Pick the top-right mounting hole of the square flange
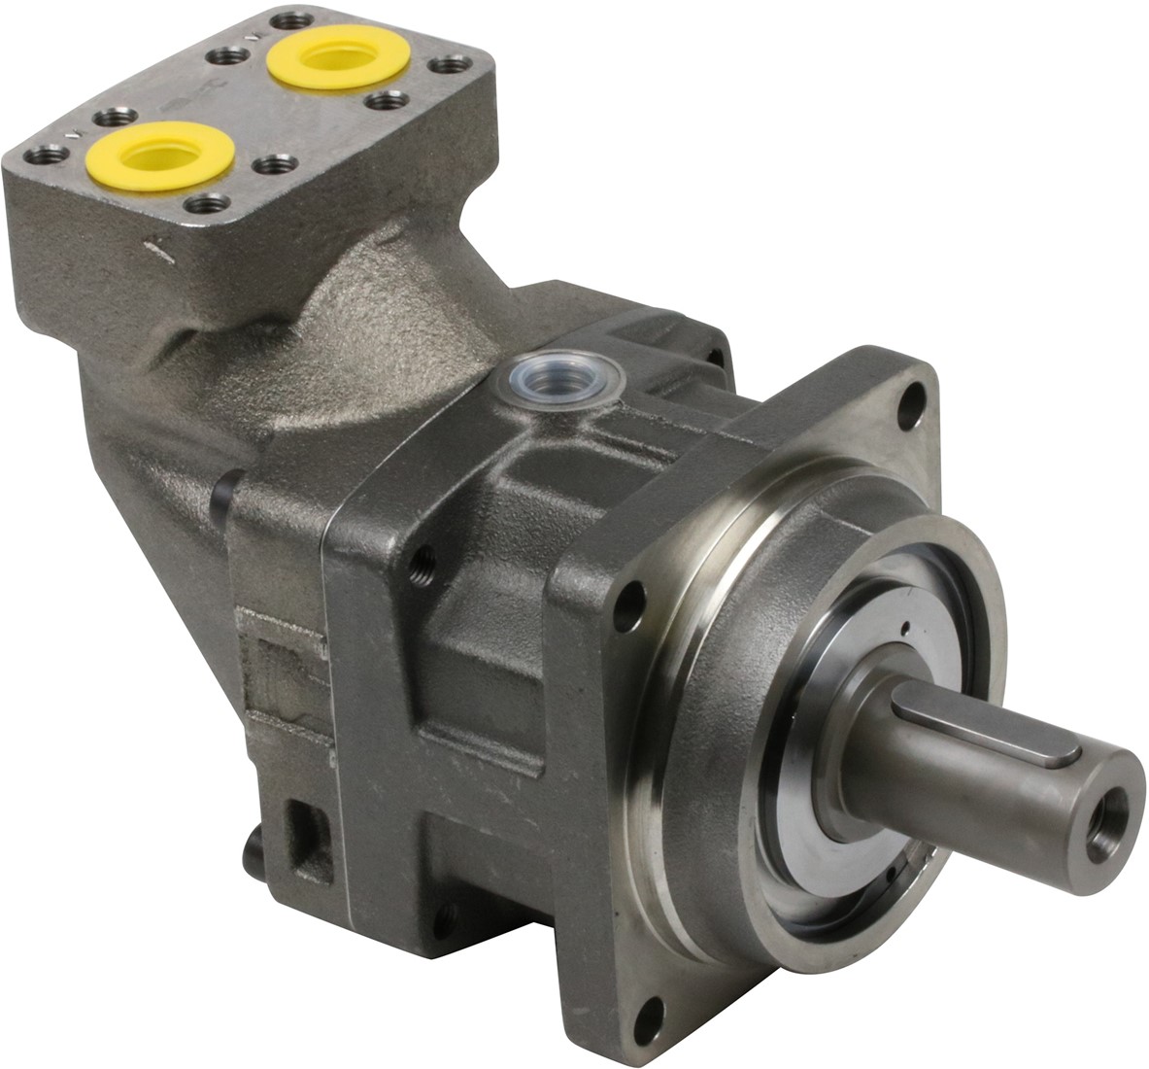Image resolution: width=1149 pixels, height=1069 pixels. coord(909,404)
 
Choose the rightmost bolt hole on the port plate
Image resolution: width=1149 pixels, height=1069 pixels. coord(448,66)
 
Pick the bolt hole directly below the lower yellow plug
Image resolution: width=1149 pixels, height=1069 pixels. coord(205,204)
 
